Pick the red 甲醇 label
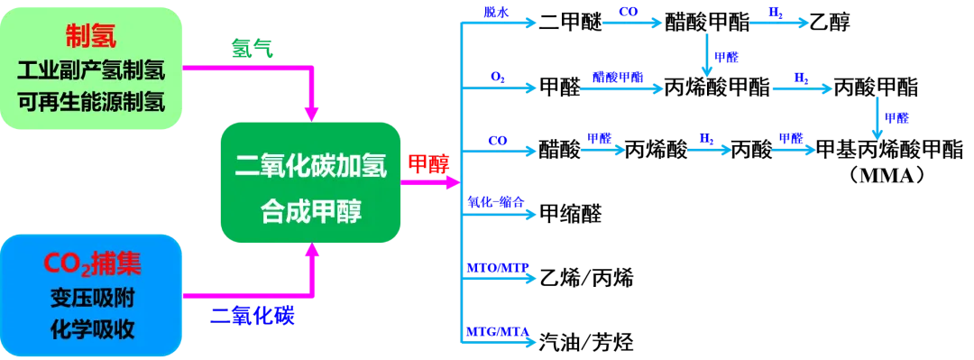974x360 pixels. (x=425, y=162)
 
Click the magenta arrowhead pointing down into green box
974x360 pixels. (x=311, y=111)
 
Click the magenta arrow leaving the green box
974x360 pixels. (x=428, y=181)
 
